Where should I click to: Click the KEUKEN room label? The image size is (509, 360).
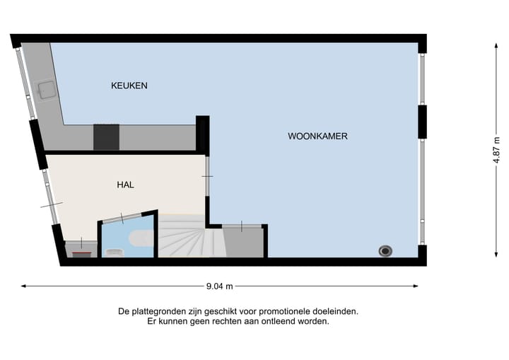tap(129, 86)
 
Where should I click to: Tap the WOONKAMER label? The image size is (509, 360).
tap(317, 136)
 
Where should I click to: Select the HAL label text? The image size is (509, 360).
tap(125, 185)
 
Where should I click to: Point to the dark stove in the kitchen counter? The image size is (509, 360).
tap(106, 137)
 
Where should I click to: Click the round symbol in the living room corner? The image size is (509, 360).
tap(385, 250)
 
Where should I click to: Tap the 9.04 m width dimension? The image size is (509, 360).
tap(219, 286)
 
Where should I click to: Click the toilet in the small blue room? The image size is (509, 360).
tap(114, 250)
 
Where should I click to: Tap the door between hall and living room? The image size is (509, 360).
tap(206, 176)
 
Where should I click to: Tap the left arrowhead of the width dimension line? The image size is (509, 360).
tap(23, 286)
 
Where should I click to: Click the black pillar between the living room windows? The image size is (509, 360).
tap(422, 122)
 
